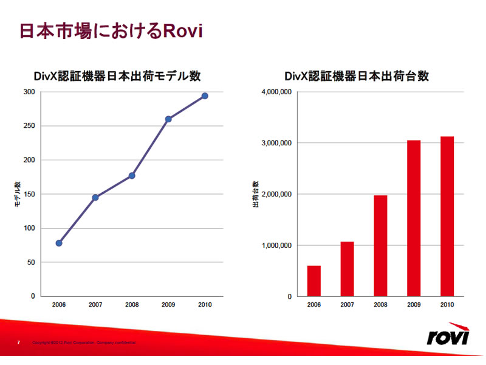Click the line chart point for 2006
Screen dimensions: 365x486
click(x=59, y=243)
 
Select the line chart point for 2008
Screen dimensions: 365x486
click(x=132, y=176)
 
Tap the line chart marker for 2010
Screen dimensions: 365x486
click(x=205, y=96)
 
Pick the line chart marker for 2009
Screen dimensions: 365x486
click(x=168, y=119)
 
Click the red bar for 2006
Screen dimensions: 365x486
click(x=314, y=281)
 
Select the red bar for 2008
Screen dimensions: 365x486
click(x=381, y=246)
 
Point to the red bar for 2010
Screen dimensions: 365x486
click(x=447, y=217)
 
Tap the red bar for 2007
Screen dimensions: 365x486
click(x=347, y=269)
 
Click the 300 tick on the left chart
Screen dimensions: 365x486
click(x=29, y=92)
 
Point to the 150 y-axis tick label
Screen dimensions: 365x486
click(x=29, y=194)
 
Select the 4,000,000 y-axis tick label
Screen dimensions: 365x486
click(x=276, y=92)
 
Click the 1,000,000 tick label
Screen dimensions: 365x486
click(x=276, y=246)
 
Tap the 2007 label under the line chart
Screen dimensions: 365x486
click(x=95, y=305)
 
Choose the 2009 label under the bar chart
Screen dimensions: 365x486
click(x=414, y=305)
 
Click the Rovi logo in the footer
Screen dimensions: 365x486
click(x=448, y=335)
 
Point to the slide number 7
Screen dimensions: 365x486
click(x=18, y=342)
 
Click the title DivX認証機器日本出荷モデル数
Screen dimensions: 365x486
click(x=117, y=77)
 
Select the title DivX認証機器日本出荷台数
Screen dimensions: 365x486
click(x=357, y=77)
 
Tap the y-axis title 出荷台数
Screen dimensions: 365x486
click(x=256, y=194)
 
